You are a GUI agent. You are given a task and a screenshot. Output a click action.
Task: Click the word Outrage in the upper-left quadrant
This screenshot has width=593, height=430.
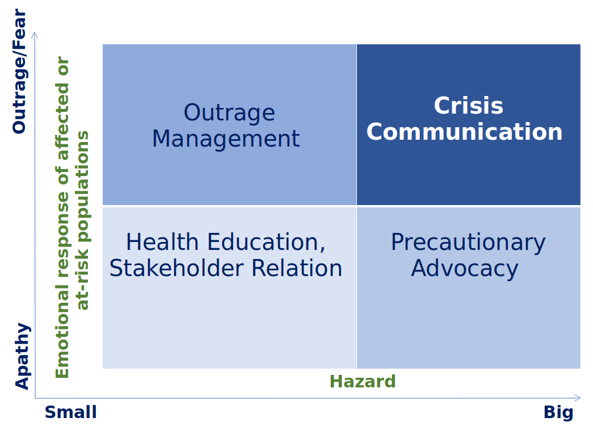[229, 113]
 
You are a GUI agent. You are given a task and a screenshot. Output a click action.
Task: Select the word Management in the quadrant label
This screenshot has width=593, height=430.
[226, 139]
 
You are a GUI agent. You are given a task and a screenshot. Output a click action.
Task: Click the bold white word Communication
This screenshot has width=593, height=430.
[464, 132]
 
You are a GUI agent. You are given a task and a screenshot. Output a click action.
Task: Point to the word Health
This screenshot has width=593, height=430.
[162, 242]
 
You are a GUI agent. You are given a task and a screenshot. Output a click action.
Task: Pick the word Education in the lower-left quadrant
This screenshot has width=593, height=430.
[266, 243]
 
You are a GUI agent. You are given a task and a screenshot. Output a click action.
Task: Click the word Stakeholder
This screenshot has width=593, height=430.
[176, 268]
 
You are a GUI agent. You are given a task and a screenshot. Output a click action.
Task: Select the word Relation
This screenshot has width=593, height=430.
[297, 268]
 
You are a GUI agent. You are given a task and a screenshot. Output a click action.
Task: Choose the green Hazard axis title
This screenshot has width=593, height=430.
[363, 381]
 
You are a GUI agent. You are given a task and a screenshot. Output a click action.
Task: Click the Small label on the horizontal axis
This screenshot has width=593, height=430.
[71, 412]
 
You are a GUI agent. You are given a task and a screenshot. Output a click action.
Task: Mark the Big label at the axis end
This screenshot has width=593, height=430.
[558, 412]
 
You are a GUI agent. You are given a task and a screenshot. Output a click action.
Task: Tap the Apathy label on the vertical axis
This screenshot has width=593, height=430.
[22, 356]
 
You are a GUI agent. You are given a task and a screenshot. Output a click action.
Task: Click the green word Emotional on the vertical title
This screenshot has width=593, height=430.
[62, 332]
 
